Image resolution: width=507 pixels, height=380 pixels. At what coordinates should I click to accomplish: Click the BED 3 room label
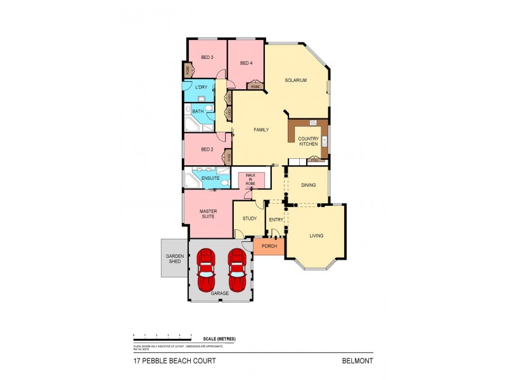[x=207, y=58]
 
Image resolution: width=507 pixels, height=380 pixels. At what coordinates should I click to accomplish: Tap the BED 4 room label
[x=247, y=63]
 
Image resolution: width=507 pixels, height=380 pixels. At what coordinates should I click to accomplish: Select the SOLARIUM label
[x=296, y=80]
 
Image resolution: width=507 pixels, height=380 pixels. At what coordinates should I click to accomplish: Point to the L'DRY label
[x=202, y=87]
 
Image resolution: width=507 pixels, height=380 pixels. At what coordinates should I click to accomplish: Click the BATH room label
[x=198, y=112]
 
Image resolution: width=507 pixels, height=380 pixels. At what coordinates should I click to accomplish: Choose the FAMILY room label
[x=261, y=130]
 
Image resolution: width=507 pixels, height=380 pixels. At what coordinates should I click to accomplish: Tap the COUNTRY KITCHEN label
[x=308, y=142]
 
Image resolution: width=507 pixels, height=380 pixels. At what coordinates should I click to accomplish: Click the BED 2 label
[x=206, y=149]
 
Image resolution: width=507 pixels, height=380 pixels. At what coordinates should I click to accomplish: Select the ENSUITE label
[x=210, y=179]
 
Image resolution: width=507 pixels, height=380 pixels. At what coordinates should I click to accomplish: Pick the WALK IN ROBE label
[x=250, y=180]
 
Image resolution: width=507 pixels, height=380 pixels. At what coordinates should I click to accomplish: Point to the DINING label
[x=309, y=185]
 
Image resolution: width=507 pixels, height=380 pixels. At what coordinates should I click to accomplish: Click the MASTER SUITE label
[x=208, y=214]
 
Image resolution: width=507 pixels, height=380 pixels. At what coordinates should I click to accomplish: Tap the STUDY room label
[x=249, y=219]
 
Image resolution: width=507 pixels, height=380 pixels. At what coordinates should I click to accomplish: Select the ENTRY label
[x=276, y=219]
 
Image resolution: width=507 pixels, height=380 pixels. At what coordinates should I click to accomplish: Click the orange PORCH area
[x=269, y=246]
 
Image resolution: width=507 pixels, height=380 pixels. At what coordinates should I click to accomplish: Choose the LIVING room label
[x=316, y=236]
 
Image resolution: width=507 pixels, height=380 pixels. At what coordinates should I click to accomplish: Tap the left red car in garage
[x=207, y=269]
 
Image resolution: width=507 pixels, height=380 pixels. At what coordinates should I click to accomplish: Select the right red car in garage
[x=237, y=269]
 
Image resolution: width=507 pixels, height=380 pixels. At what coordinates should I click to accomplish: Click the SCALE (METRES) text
[x=219, y=339]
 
